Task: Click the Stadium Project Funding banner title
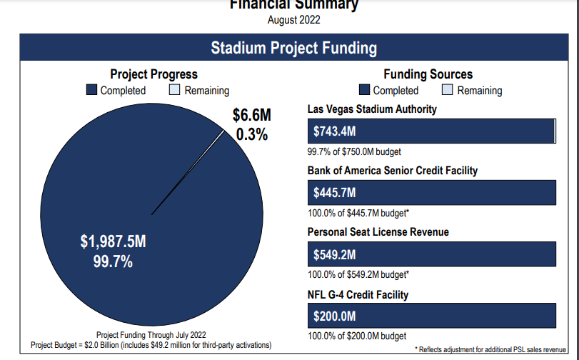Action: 293,49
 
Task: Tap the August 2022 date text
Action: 293,20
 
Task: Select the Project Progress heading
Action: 153,74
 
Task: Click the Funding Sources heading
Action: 428,74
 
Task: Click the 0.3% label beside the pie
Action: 251,134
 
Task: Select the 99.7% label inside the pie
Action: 113,261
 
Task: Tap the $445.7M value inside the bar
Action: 335,193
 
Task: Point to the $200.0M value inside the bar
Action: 335,316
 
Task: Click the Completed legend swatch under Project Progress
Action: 91,90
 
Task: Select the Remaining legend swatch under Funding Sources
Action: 448,90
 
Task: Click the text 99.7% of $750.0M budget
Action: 355,151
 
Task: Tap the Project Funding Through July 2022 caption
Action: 151,335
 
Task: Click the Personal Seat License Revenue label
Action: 378,232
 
